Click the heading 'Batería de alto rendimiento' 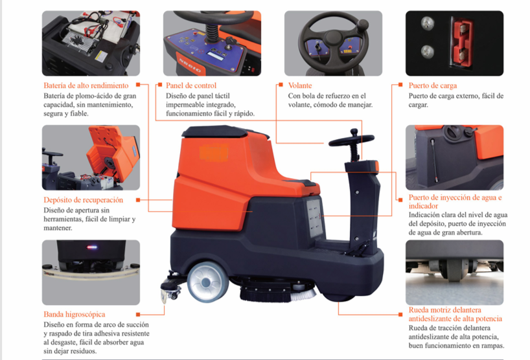(86, 85)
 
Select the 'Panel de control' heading (191, 85)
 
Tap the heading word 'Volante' (300, 85)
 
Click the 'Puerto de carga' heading (433, 85)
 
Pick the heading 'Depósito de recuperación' (83, 200)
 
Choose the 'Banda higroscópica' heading (75, 315)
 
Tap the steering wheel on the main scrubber (352, 139)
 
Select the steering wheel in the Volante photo (332, 40)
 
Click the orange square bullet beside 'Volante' (281, 85)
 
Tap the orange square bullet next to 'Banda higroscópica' (138, 315)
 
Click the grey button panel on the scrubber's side (314, 218)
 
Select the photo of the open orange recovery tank (91, 157)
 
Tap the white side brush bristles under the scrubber (303, 295)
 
